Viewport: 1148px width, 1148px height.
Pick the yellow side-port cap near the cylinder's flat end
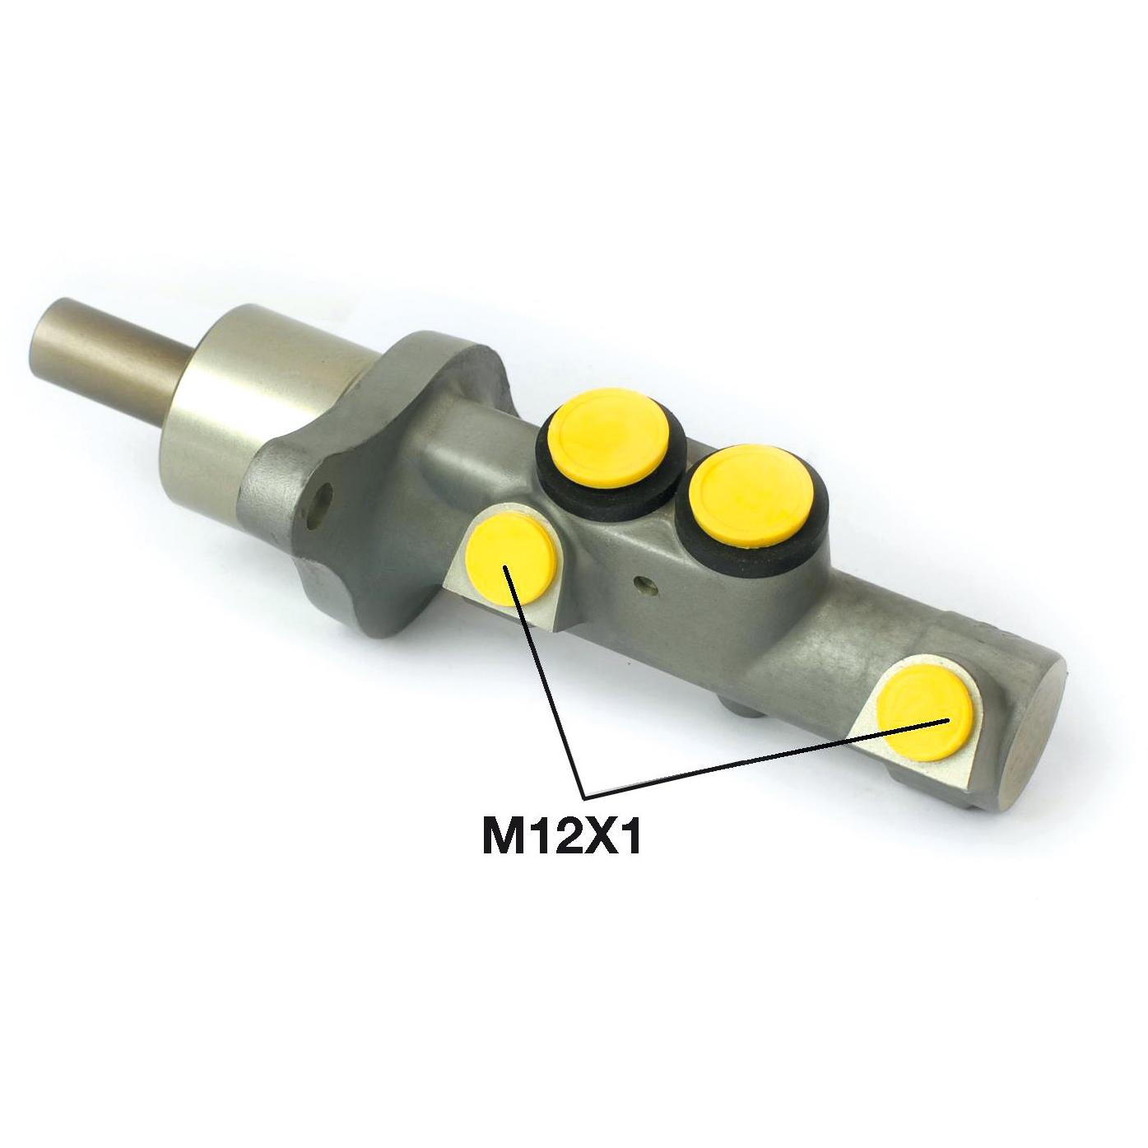[x=925, y=712]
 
